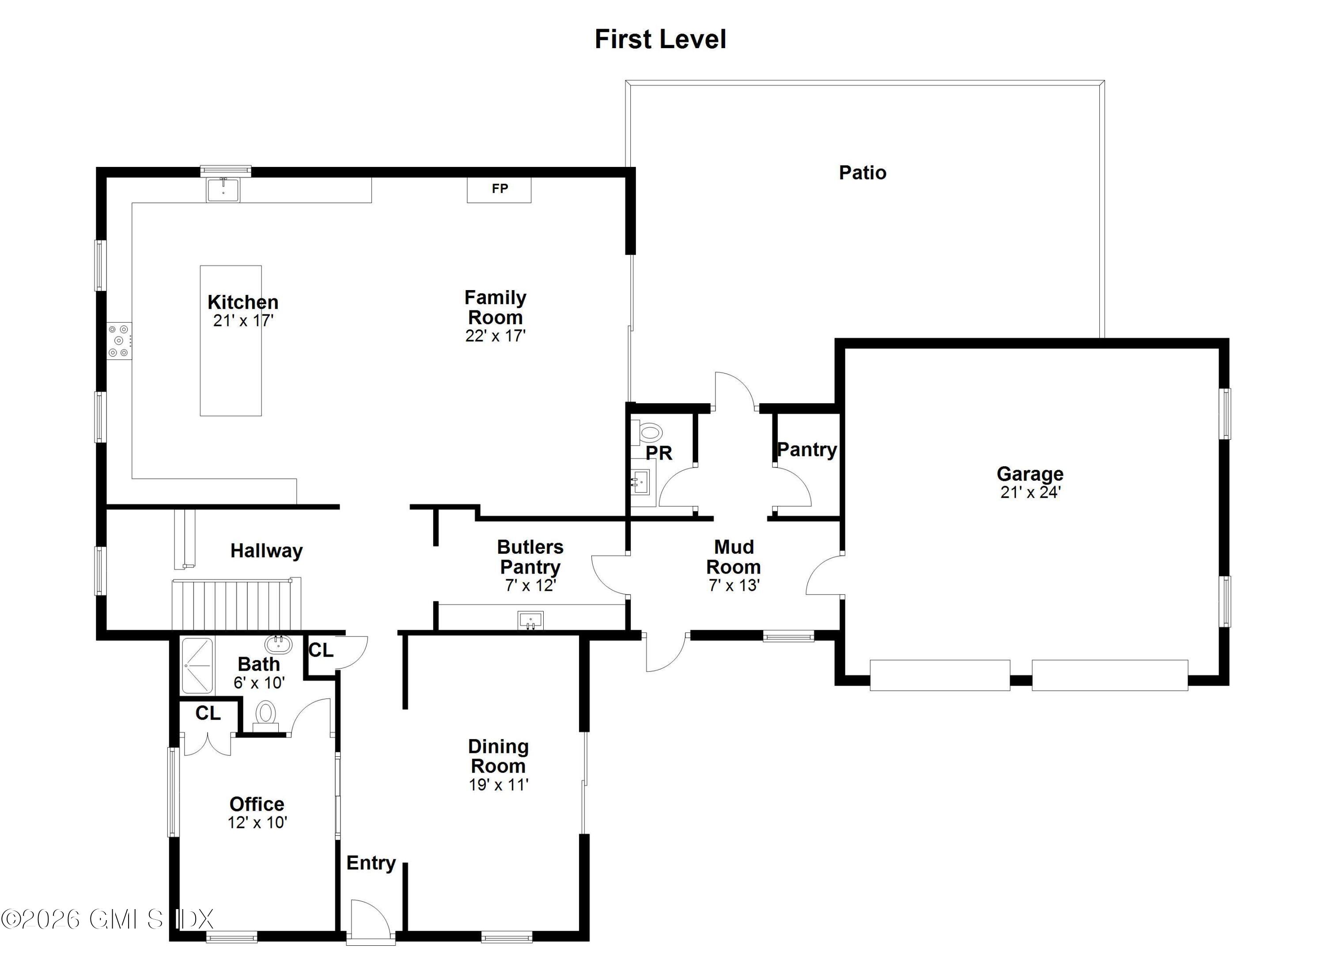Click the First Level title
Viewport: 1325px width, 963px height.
660,39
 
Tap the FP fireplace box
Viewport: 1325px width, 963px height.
499,189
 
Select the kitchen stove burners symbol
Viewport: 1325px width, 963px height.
119,340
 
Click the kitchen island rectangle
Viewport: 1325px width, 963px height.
230,374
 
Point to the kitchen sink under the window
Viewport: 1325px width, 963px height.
223,190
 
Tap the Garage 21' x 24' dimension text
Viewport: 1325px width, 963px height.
1030,492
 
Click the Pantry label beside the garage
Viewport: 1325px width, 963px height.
807,449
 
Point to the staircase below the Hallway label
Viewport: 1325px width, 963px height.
234,604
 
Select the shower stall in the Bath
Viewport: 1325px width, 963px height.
197,665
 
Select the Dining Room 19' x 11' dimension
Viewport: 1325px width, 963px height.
498,784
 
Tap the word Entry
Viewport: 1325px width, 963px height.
371,863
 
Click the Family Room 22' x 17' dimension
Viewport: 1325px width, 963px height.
496,336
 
